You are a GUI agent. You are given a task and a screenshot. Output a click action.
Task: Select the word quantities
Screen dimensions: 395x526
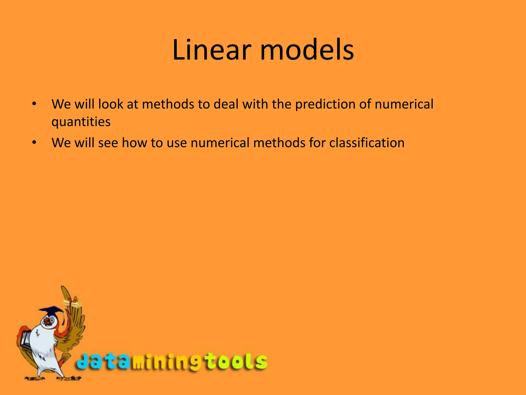pyautogui.click(x=81, y=122)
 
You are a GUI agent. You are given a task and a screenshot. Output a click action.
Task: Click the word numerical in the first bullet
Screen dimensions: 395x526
pyautogui.click(x=404, y=104)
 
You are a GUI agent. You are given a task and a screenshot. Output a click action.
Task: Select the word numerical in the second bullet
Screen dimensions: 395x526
pyautogui.click(x=220, y=143)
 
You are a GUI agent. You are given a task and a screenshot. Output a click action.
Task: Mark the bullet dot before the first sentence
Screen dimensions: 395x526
pyautogui.click(x=34, y=104)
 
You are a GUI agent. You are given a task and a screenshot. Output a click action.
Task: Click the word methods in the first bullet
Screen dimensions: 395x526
pyautogui.click(x=168, y=104)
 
